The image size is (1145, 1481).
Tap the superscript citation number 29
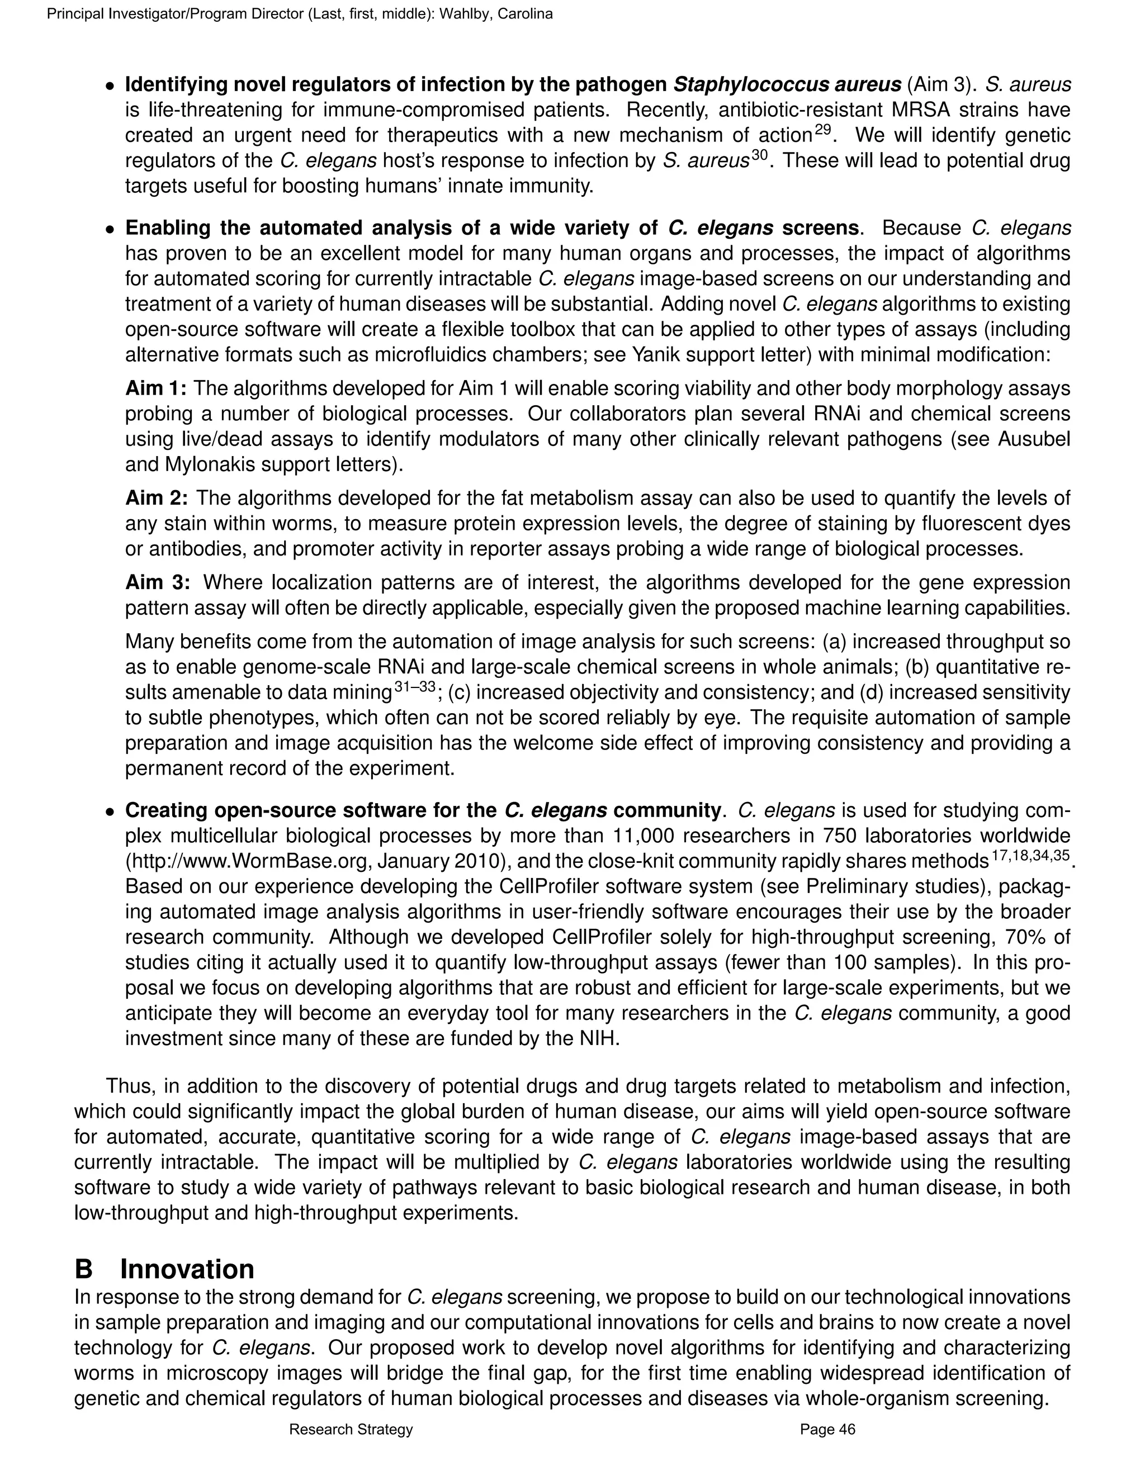(x=822, y=130)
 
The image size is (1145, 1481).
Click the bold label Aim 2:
(x=157, y=499)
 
